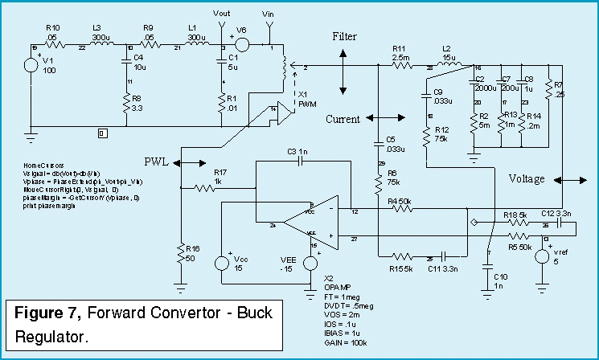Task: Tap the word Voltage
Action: (x=527, y=178)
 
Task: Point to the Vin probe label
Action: (x=268, y=14)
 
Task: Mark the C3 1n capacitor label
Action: (x=297, y=151)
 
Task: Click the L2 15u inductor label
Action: (x=449, y=54)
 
